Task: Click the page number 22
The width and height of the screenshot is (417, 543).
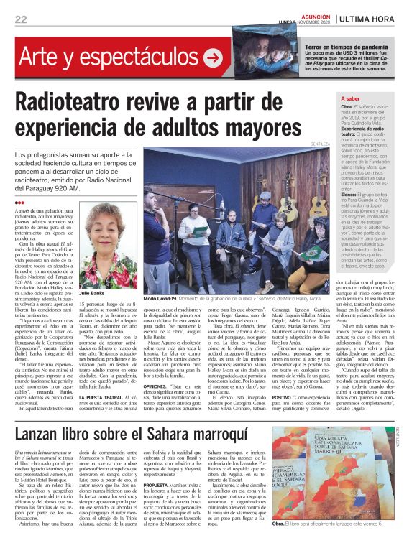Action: [x=21, y=19]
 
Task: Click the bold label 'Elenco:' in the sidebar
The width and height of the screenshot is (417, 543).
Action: [x=349, y=195]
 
